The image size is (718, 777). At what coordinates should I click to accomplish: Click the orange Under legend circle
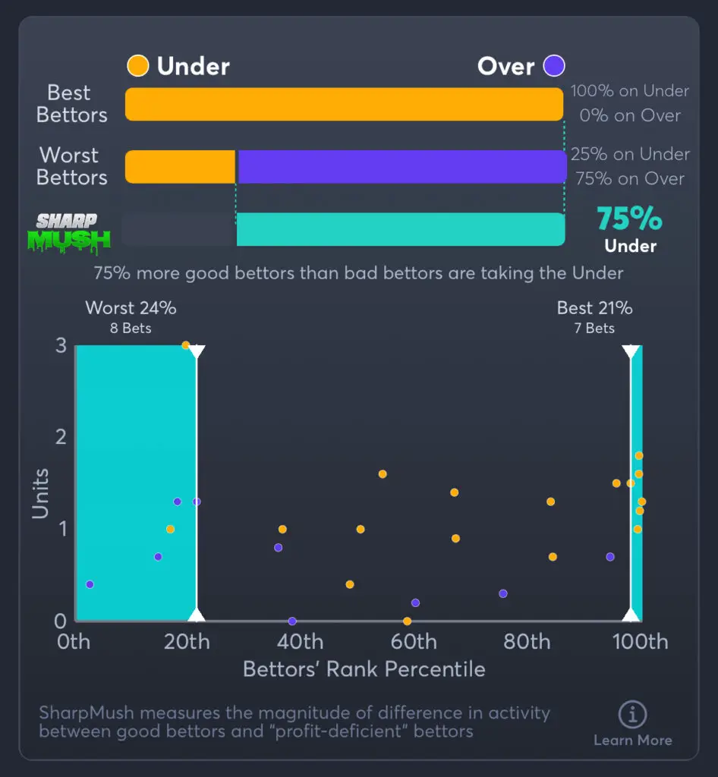point(137,66)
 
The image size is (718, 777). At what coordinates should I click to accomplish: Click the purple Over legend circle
point(554,66)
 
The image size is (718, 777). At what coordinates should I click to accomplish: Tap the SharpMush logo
point(74,231)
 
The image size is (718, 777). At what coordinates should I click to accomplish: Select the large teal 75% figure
point(629,219)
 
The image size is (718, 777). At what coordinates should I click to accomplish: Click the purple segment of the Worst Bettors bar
point(402,167)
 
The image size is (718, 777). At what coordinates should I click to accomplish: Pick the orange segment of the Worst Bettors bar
point(180,167)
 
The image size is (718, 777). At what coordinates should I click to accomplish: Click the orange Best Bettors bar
point(344,104)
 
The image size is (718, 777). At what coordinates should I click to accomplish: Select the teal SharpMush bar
point(400,229)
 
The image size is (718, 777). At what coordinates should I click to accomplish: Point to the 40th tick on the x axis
point(300,642)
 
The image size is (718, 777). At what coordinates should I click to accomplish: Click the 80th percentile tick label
point(527,642)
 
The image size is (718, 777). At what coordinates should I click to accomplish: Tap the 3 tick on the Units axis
point(61,345)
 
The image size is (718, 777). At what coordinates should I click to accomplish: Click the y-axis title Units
point(40,493)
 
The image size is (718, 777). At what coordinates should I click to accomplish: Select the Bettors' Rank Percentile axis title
point(364,669)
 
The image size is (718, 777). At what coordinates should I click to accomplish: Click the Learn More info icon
point(632,715)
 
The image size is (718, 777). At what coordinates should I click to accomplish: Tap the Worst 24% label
point(131,308)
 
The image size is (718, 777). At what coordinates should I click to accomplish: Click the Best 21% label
point(594,308)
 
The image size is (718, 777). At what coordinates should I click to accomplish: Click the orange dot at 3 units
point(185,345)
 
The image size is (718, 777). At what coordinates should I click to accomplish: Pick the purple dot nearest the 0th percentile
point(90,584)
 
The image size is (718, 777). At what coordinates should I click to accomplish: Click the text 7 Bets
point(594,329)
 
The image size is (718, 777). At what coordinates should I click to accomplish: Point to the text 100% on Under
point(630,91)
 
